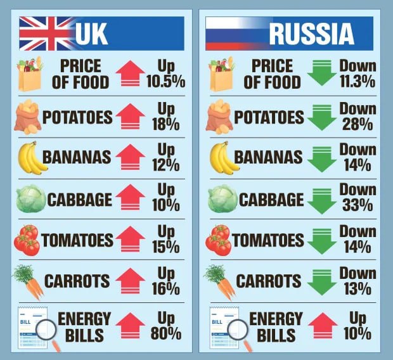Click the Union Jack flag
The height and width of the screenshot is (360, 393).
tap(46, 33)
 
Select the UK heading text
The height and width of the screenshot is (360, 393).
tap(92, 34)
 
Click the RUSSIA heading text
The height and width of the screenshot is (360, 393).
tap(311, 34)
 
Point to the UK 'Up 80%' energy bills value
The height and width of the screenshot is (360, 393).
tap(166, 325)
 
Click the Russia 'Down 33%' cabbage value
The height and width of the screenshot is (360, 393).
tap(357, 197)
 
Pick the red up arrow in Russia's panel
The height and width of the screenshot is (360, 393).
tap(323, 325)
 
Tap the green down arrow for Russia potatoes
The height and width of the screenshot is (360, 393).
tap(323, 117)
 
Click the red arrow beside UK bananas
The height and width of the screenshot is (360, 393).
tap(130, 157)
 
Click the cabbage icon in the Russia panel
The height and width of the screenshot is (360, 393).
tap(222, 198)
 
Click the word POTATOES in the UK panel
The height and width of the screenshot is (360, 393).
tap(77, 117)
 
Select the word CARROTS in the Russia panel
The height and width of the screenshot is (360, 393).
tap(269, 281)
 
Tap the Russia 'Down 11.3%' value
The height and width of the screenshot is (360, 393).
tap(357, 74)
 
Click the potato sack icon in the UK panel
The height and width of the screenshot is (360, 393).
tap(28, 117)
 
